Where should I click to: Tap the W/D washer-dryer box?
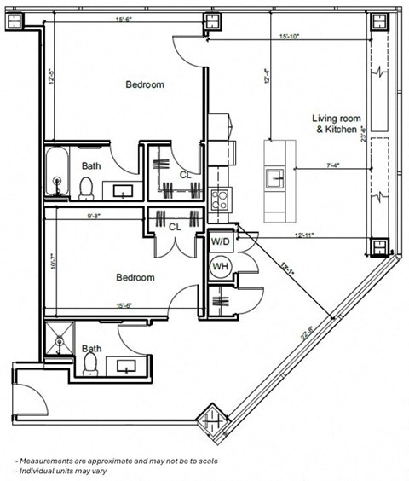point(221,242)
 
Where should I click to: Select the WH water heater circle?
point(221,267)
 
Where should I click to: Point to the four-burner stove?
point(219,200)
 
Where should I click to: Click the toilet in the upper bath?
point(87,187)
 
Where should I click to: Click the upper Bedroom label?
point(145,84)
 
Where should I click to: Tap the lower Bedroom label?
point(135,278)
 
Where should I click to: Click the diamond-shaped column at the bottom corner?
point(209,420)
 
